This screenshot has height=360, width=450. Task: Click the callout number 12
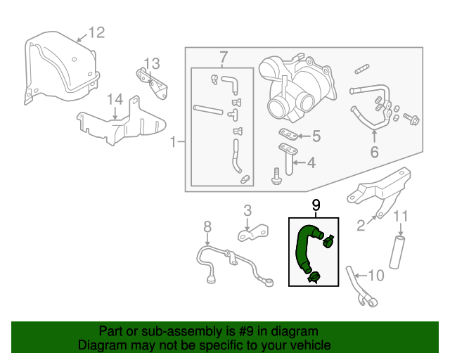(x=97, y=33)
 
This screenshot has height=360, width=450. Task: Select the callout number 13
(x=152, y=64)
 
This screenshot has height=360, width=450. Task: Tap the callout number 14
(x=115, y=99)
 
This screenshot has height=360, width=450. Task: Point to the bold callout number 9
(x=316, y=205)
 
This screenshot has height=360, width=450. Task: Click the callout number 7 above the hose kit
(x=224, y=58)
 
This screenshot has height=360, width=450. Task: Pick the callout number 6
(x=375, y=152)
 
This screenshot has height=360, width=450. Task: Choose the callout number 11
(x=400, y=216)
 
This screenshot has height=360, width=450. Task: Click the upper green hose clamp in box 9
(x=328, y=241)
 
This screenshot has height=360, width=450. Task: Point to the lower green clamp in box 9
(x=314, y=278)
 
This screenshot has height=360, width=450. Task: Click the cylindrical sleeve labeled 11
(x=397, y=252)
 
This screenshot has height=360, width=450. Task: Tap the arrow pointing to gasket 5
(x=304, y=136)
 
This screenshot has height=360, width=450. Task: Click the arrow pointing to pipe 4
(x=300, y=163)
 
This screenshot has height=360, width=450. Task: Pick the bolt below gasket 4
(x=276, y=176)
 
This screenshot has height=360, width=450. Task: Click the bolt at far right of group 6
(x=411, y=119)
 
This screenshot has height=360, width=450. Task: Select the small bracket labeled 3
(x=253, y=233)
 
